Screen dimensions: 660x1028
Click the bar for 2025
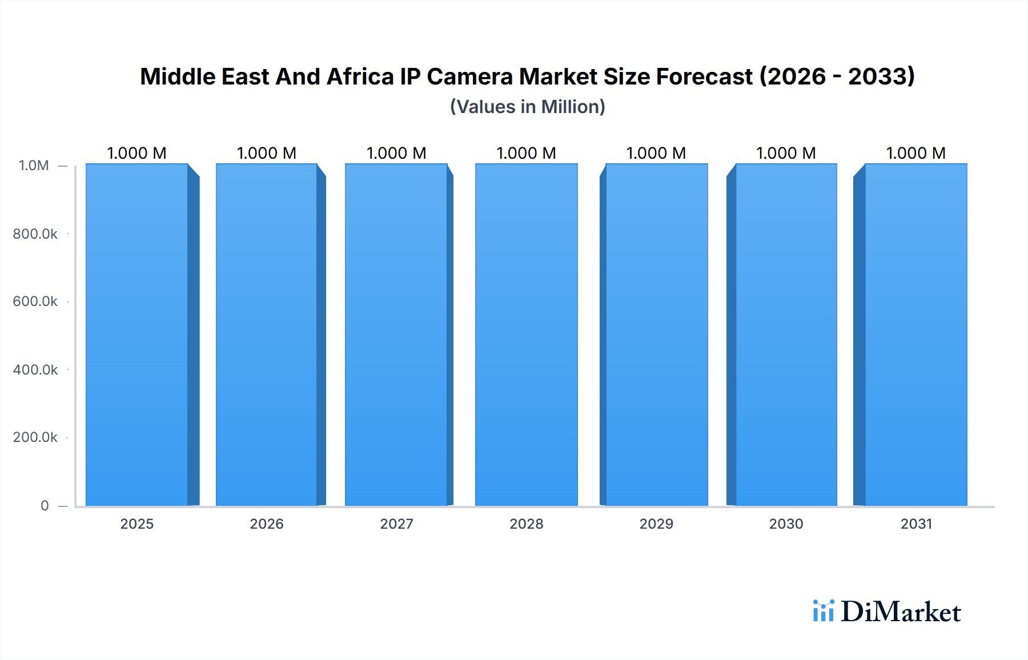(137, 335)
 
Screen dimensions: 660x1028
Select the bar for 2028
(526, 335)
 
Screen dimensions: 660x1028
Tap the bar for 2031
(915, 335)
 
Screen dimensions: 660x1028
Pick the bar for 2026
(267, 335)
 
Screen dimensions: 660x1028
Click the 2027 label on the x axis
(396, 524)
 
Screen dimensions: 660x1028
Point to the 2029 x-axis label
(656, 524)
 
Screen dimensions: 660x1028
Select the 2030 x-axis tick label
(786, 524)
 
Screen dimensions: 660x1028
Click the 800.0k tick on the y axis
(35, 234)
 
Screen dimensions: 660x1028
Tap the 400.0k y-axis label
(35, 369)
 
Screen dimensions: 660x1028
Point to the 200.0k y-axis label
(35, 437)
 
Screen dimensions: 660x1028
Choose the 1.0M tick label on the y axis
(34, 166)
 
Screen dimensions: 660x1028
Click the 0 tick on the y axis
(45, 505)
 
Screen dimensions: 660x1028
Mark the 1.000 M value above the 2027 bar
(396, 153)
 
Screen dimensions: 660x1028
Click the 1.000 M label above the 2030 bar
(786, 153)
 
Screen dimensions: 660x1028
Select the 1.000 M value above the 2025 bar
(137, 153)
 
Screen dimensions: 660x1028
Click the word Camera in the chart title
(469, 77)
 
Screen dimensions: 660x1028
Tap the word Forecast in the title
(704, 77)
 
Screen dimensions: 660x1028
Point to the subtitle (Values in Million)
(528, 107)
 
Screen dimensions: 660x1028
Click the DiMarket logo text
(901, 611)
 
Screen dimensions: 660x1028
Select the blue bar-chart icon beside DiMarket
(823, 610)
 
